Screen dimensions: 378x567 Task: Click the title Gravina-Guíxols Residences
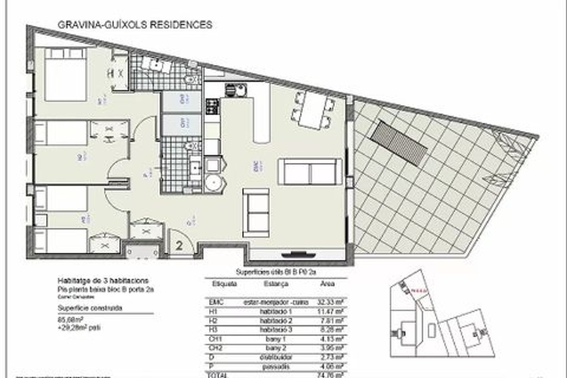134,25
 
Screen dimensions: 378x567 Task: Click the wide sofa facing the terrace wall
310,172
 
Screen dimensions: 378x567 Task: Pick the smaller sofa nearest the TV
256,213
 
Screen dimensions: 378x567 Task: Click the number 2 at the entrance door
180,245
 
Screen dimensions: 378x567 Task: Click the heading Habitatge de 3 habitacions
103,279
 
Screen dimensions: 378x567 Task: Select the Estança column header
274,284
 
